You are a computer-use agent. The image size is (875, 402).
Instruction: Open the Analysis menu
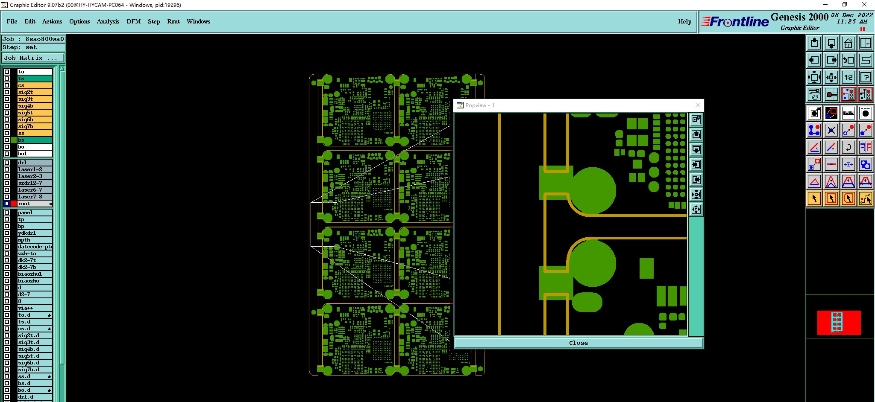pos(108,21)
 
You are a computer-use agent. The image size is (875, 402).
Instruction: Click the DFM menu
pos(133,21)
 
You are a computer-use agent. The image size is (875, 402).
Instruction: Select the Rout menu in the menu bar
pos(173,21)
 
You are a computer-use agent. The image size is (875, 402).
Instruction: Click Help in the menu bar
pos(684,21)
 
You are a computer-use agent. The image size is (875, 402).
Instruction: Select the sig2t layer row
pos(35,92)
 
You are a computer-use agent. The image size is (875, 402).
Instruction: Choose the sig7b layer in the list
pos(35,126)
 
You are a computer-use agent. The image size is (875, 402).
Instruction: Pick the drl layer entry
pos(35,163)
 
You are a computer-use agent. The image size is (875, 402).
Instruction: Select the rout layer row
pos(35,204)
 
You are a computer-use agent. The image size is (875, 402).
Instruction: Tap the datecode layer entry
pos(35,247)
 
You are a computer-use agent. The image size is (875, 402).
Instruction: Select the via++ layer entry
pos(35,308)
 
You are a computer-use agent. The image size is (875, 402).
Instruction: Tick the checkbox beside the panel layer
pos(7,213)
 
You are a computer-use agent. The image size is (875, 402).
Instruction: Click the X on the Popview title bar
pos(698,105)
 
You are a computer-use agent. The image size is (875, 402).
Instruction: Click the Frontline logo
pos(735,22)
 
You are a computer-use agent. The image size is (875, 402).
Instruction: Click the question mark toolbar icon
pos(866,77)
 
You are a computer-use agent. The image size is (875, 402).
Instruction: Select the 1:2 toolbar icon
pos(849,77)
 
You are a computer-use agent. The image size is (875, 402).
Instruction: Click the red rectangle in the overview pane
pos(839,323)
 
